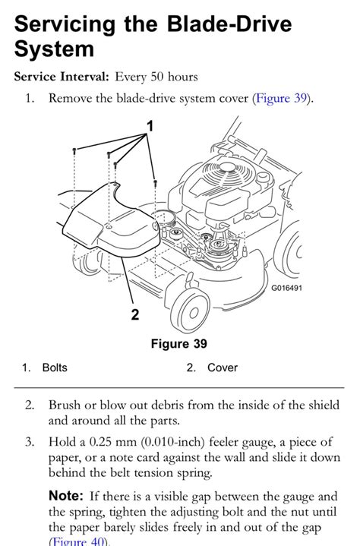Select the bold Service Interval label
coord(62,77)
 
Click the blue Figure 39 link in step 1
coord(279,98)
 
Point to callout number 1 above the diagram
coord(150,126)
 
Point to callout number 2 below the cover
coord(135,314)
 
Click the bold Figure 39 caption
coord(178,344)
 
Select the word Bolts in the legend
coord(55,368)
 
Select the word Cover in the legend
coord(223,368)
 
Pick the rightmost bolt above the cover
coord(154,182)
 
